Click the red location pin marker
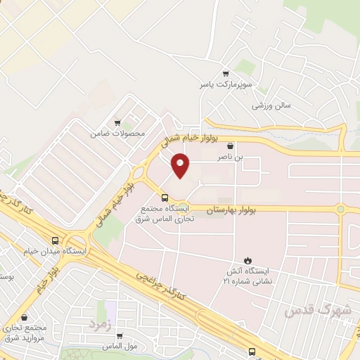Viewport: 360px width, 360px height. click(181, 166)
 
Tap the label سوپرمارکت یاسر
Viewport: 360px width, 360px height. click(224, 84)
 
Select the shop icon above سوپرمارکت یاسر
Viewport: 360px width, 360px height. click(225, 72)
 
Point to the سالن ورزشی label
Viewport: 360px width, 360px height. click(271, 105)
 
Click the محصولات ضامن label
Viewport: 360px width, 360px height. click(117, 133)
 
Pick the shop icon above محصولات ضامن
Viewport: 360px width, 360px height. click(117, 122)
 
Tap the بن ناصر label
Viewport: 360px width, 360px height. click(248, 158)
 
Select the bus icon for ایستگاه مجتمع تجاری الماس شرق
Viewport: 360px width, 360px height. click(165, 197)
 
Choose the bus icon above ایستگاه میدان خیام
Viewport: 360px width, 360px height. click(55, 239)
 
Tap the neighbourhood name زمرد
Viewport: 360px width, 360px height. click(101, 324)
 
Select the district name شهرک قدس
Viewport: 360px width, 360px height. click(316, 310)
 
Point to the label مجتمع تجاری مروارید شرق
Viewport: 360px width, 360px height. click(24, 333)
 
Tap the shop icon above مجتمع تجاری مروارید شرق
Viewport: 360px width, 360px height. click(25, 318)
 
